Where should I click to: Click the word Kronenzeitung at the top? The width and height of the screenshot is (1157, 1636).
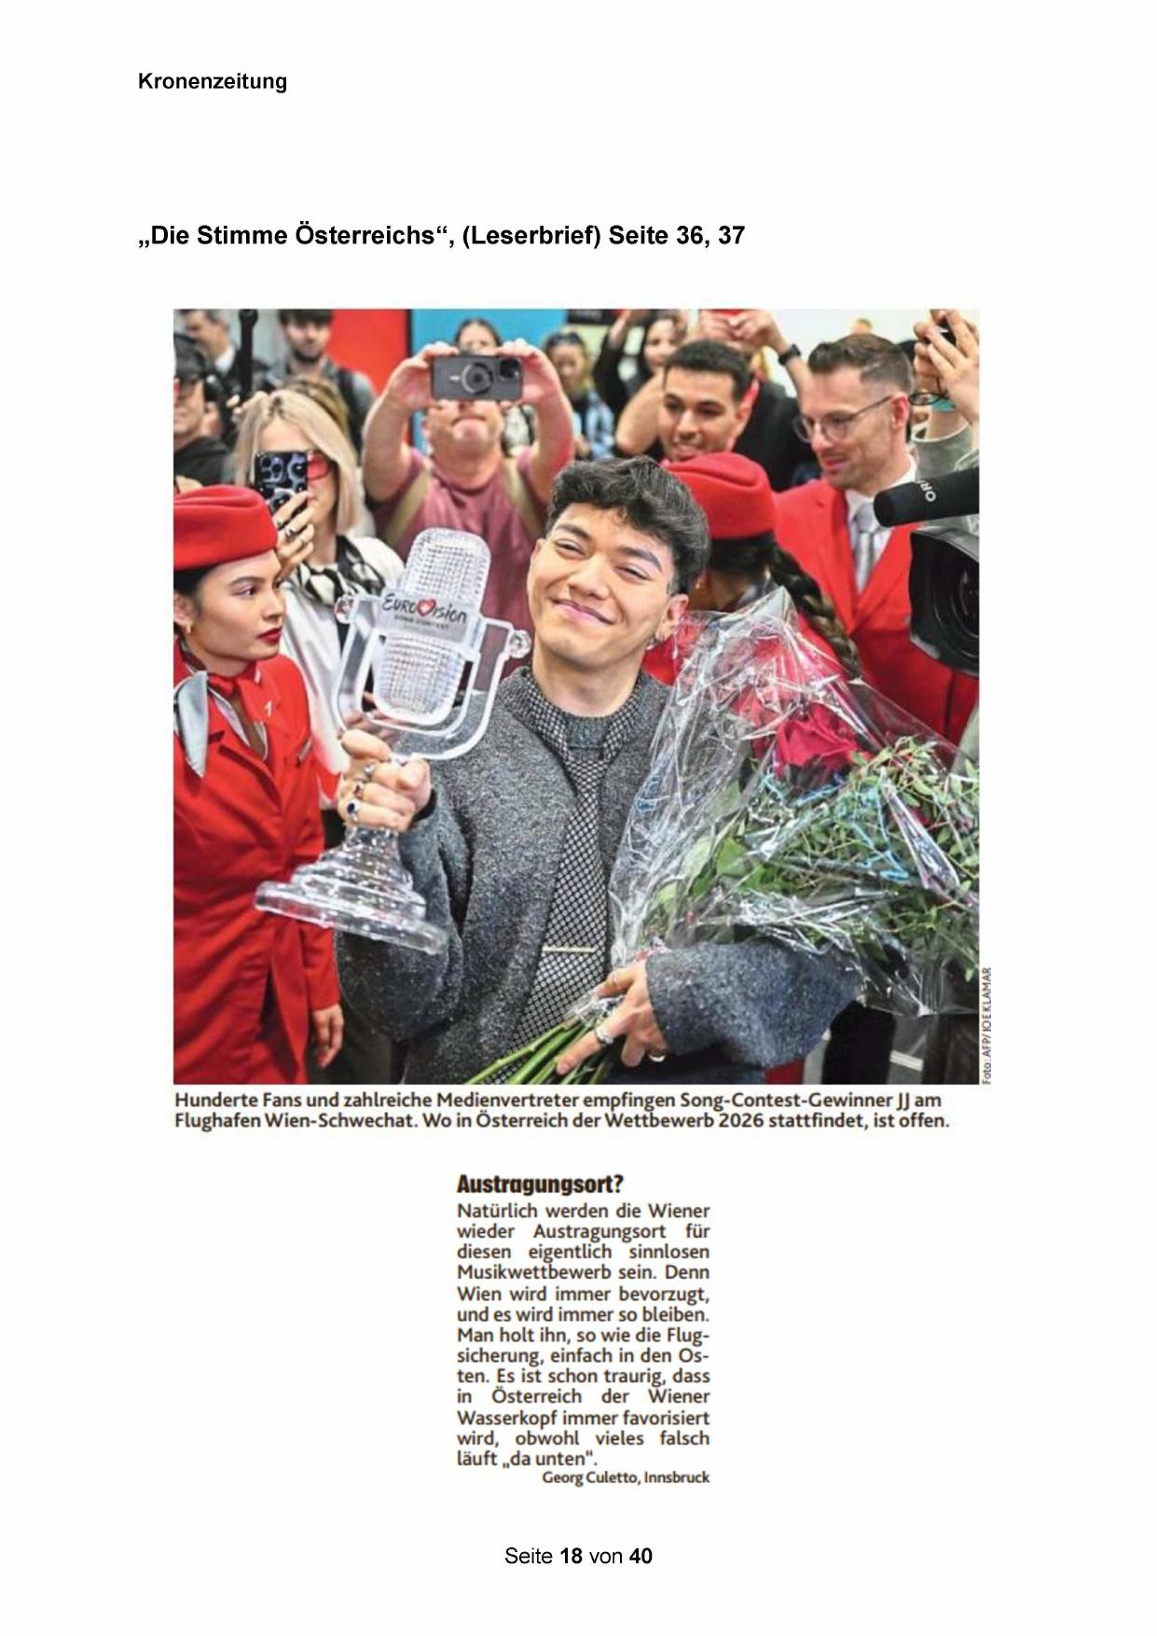[x=213, y=82]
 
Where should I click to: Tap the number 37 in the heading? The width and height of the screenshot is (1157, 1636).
[x=731, y=236]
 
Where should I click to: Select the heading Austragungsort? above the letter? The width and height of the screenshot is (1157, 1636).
[x=539, y=1185]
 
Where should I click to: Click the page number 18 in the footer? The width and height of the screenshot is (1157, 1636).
[x=572, y=1556]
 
